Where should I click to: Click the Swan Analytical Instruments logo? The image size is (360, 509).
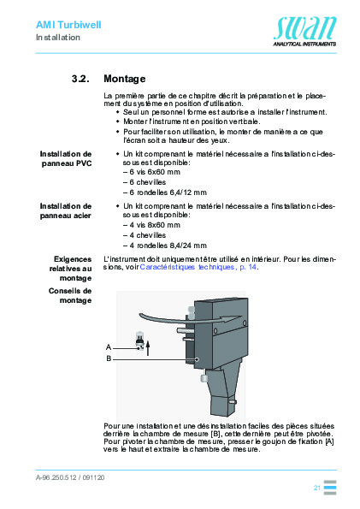(x=304, y=32)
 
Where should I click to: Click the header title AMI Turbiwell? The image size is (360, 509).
(x=68, y=26)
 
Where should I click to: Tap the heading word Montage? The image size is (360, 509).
(x=124, y=78)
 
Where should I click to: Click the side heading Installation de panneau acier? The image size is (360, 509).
(x=68, y=210)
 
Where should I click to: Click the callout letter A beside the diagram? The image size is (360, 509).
(x=109, y=347)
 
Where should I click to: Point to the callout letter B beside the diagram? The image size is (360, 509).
(x=109, y=359)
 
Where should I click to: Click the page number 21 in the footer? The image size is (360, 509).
(x=316, y=487)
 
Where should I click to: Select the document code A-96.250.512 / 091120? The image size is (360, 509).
(x=70, y=480)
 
